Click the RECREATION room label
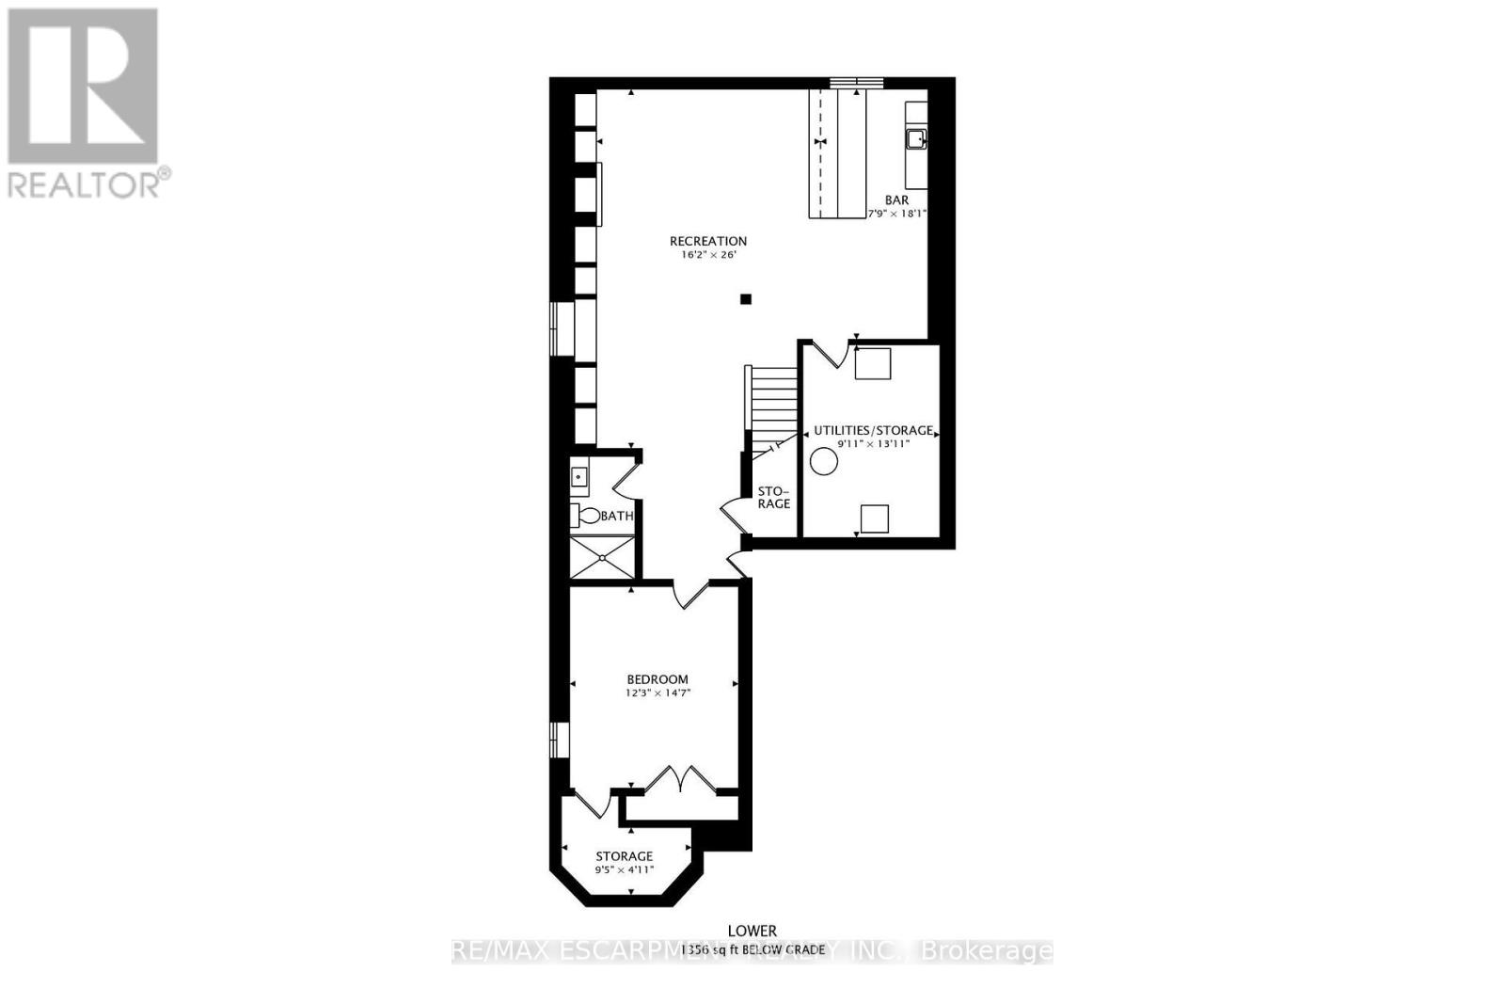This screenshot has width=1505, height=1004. click(x=707, y=241)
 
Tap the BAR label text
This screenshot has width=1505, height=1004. click(x=896, y=200)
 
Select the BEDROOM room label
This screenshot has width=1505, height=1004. click(x=657, y=679)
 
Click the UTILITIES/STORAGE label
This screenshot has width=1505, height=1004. click(x=873, y=430)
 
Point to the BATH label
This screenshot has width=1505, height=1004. click(x=617, y=516)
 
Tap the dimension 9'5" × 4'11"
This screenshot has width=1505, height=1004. click(x=624, y=870)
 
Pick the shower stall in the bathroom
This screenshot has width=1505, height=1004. click(x=602, y=556)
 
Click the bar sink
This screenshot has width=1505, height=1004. click(x=915, y=139)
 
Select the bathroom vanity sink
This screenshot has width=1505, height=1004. click(x=578, y=477)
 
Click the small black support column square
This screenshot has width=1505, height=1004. click(x=746, y=299)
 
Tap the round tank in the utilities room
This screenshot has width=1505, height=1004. click(x=824, y=461)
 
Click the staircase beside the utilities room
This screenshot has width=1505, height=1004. click(x=773, y=400)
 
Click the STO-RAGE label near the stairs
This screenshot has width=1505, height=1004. click(x=774, y=497)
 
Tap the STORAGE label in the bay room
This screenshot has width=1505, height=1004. click(x=624, y=856)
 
